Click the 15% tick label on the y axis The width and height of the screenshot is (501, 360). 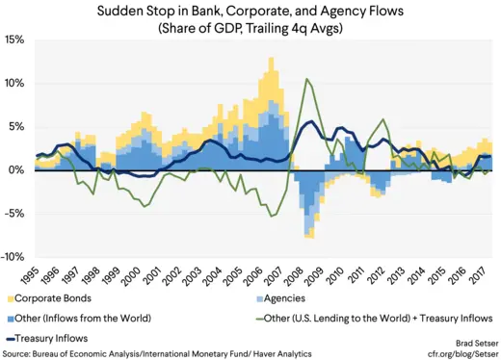(x=14, y=40)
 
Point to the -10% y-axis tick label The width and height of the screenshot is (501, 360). (x=13, y=257)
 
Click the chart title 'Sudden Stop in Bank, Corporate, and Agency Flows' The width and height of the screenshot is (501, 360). (x=250, y=13)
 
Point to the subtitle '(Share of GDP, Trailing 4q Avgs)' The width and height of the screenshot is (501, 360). (x=250, y=29)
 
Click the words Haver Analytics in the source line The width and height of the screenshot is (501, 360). (x=275, y=353)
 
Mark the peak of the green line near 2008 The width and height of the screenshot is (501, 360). (x=306, y=79)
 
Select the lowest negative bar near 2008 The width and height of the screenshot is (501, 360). (x=310, y=237)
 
